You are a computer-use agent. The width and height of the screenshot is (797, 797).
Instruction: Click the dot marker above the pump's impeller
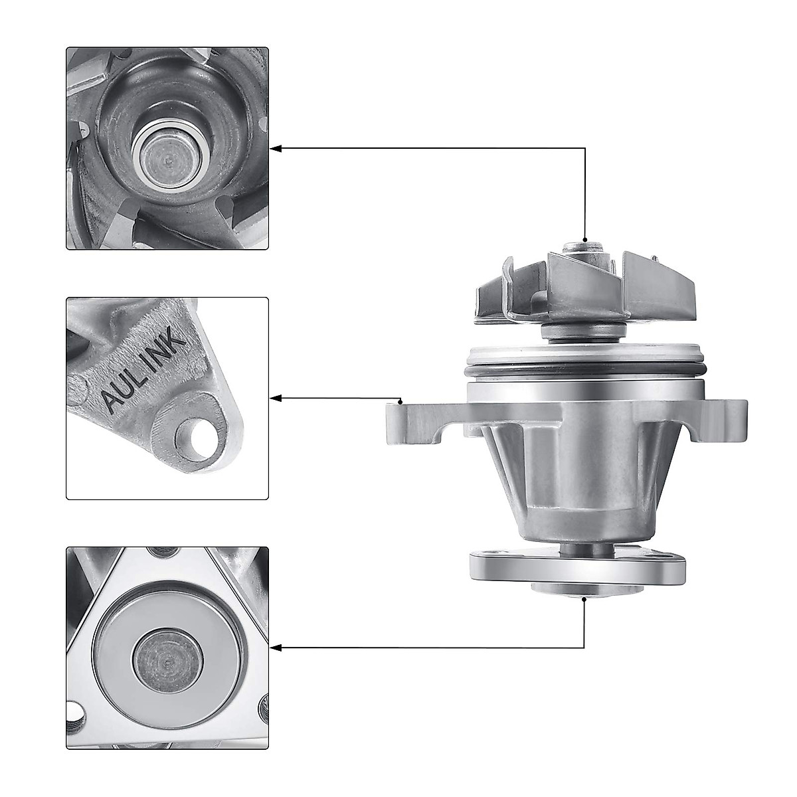(x=584, y=240)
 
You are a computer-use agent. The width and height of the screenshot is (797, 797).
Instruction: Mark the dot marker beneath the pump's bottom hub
(x=584, y=598)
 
